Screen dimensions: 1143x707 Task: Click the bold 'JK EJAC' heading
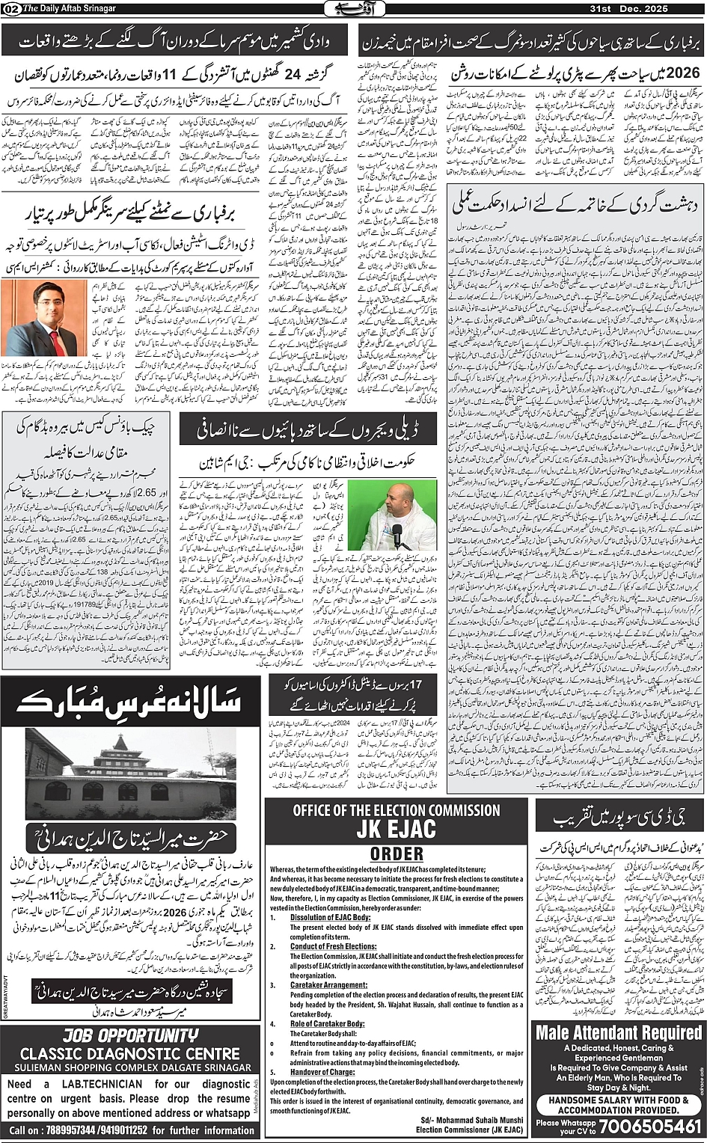coord(396,830)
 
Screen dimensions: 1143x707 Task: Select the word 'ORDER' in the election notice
coord(396,854)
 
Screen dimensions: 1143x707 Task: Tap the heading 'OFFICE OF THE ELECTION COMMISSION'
coord(396,810)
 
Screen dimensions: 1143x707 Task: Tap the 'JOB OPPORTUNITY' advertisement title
coord(130,1036)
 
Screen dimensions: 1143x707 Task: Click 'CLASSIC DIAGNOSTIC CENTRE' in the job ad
coord(130,1052)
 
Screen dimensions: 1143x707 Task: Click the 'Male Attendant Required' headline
coord(619,1032)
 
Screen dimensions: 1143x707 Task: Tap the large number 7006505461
coord(645,1127)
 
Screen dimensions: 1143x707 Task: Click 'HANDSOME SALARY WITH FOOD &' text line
coord(619,1100)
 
